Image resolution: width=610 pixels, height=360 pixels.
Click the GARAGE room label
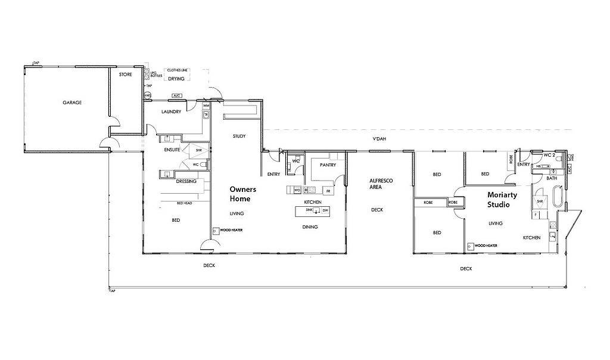[x=72, y=103]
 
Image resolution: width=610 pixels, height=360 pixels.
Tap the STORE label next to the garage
[x=125, y=75]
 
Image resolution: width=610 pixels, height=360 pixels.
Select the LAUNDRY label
[x=171, y=111]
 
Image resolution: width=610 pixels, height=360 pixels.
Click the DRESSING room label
[x=187, y=181]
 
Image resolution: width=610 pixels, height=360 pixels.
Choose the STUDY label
[x=239, y=136]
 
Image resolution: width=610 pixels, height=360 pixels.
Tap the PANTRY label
[x=328, y=165]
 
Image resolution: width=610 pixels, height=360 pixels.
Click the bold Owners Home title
[x=243, y=194]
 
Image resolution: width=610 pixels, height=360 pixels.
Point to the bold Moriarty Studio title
[x=502, y=200]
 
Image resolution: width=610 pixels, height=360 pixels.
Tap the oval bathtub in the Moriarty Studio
[x=558, y=196]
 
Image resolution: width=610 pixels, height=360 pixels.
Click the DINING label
[x=310, y=226]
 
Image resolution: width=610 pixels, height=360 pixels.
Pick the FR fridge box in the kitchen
[x=327, y=191]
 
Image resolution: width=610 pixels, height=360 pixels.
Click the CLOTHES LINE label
[x=178, y=70]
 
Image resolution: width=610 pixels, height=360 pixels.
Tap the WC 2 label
[x=549, y=154]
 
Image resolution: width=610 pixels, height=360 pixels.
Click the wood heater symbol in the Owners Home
[x=215, y=231]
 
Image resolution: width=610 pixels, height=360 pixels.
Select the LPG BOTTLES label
[x=158, y=73]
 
